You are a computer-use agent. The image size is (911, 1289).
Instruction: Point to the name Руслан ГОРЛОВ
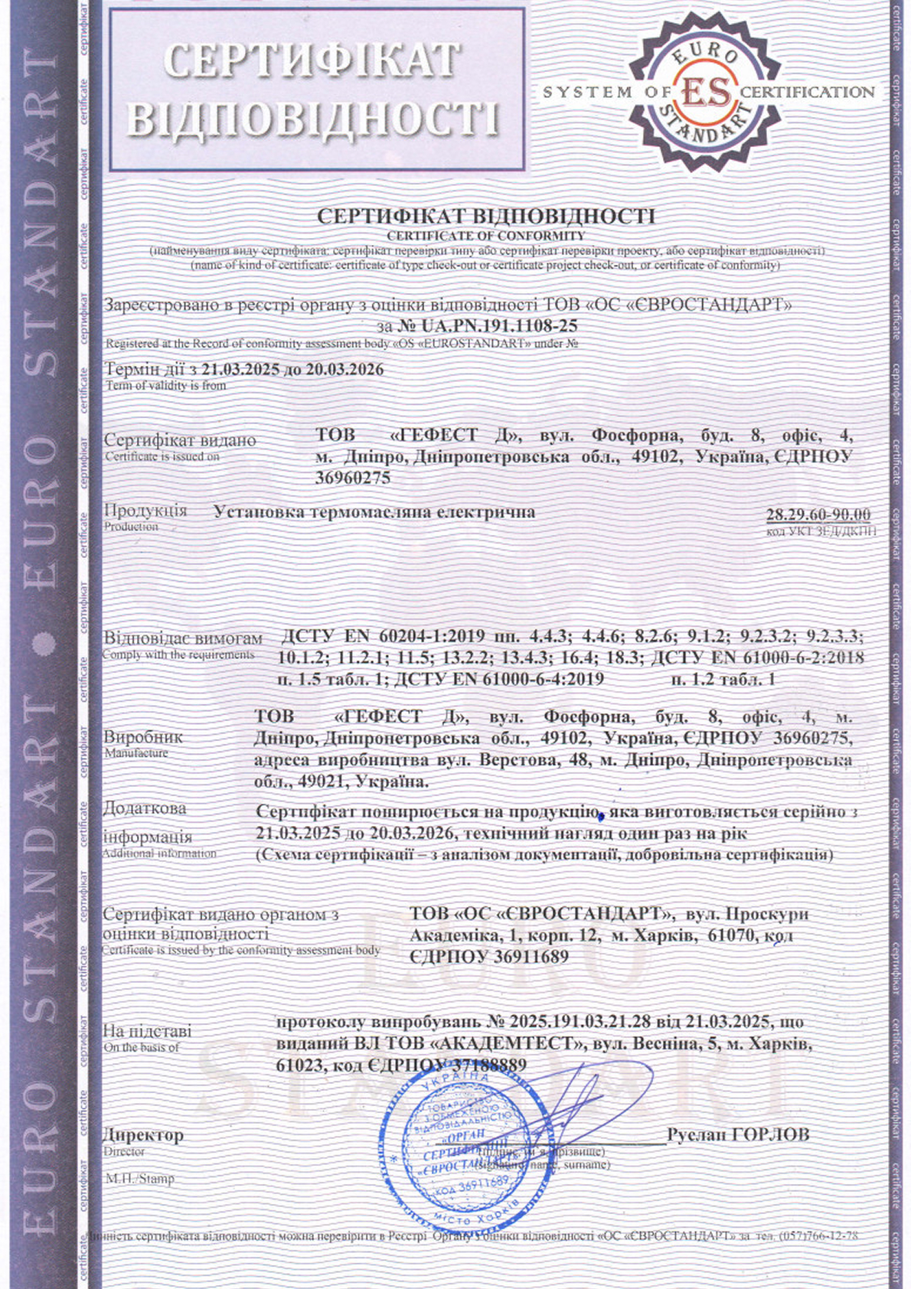click(x=737, y=1134)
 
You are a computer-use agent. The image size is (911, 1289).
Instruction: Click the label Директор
click(x=143, y=1135)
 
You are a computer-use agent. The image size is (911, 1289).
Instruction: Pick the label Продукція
click(x=145, y=511)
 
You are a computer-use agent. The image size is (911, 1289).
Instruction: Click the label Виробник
click(x=143, y=737)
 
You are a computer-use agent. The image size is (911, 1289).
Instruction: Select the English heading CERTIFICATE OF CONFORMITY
click(x=485, y=236)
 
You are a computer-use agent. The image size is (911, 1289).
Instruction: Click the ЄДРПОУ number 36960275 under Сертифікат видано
click(x=353, y=478)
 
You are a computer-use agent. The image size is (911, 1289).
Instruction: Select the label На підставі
click(x=147, y=1031)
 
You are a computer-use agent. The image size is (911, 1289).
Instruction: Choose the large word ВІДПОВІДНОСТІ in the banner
click(x=313, y=118)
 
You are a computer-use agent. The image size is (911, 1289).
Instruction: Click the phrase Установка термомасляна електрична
click(x=374, y=511)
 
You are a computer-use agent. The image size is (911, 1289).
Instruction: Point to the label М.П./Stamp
click(x=139, y=1179)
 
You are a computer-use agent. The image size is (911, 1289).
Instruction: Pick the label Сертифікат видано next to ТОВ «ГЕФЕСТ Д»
click(x=180, y=440)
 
